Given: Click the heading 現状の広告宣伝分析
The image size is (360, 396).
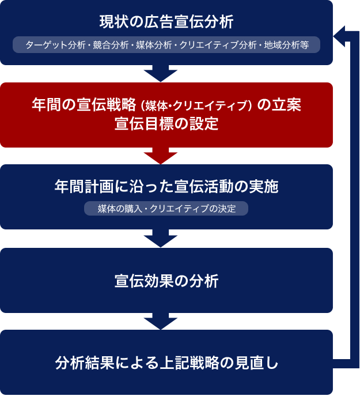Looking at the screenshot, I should pos(166,22).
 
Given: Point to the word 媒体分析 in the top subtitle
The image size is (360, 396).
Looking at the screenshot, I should pos(153,45).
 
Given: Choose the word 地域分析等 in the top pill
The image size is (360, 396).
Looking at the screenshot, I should pos(286,45).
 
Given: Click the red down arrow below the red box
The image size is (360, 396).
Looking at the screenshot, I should pos(161,156).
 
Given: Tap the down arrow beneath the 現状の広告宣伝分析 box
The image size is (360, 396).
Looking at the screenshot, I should pos(161,73).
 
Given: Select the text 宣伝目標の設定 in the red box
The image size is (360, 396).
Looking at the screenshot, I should pos(166,125).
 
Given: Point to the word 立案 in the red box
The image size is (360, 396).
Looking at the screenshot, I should pos(286,105).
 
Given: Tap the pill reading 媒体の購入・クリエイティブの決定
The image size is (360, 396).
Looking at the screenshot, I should pos(166,208).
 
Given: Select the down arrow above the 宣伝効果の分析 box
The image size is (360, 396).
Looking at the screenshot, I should pos(161,238).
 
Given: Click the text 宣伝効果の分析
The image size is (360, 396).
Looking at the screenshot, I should pos(166,281).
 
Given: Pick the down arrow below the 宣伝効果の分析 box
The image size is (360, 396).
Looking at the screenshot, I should pos(161,320).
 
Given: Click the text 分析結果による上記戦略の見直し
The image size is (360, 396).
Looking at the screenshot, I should pos(166,363).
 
